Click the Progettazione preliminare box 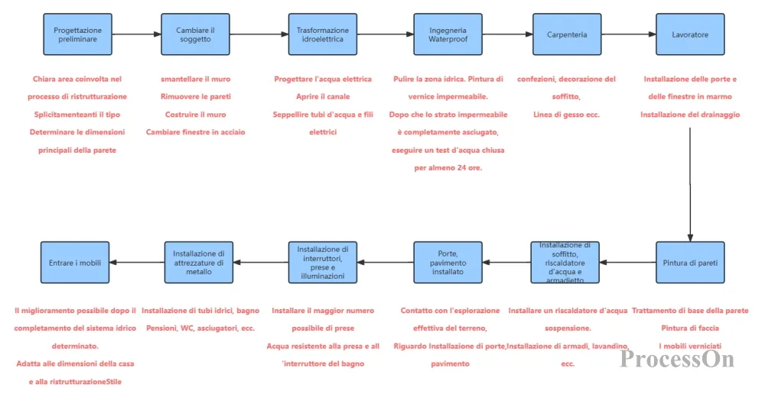tap(77, 34)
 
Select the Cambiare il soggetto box tap(195, 34)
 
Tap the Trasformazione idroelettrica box tap(323, 34)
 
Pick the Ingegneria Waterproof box tap(448, 34)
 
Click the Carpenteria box tap(567, 34)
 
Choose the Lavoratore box tap(690, 34)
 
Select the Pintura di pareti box tap(690, 262)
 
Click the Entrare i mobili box tap(75, 262)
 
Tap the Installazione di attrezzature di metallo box tap(199, 262)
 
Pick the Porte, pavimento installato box tap(448, 262)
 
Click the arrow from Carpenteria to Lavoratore tap(628, 34)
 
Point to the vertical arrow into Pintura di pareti tap(690, 185)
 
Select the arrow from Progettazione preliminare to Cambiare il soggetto tap(137, 34)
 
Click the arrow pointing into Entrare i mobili tap(137, 262)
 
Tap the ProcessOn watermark tap(677, 359)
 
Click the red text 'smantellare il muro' tap(196, 79)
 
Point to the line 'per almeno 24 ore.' tap(448, 168)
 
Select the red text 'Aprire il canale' tap(323, 96)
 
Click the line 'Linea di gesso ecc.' tap(566, 115)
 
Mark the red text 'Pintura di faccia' tap(690, 328)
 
